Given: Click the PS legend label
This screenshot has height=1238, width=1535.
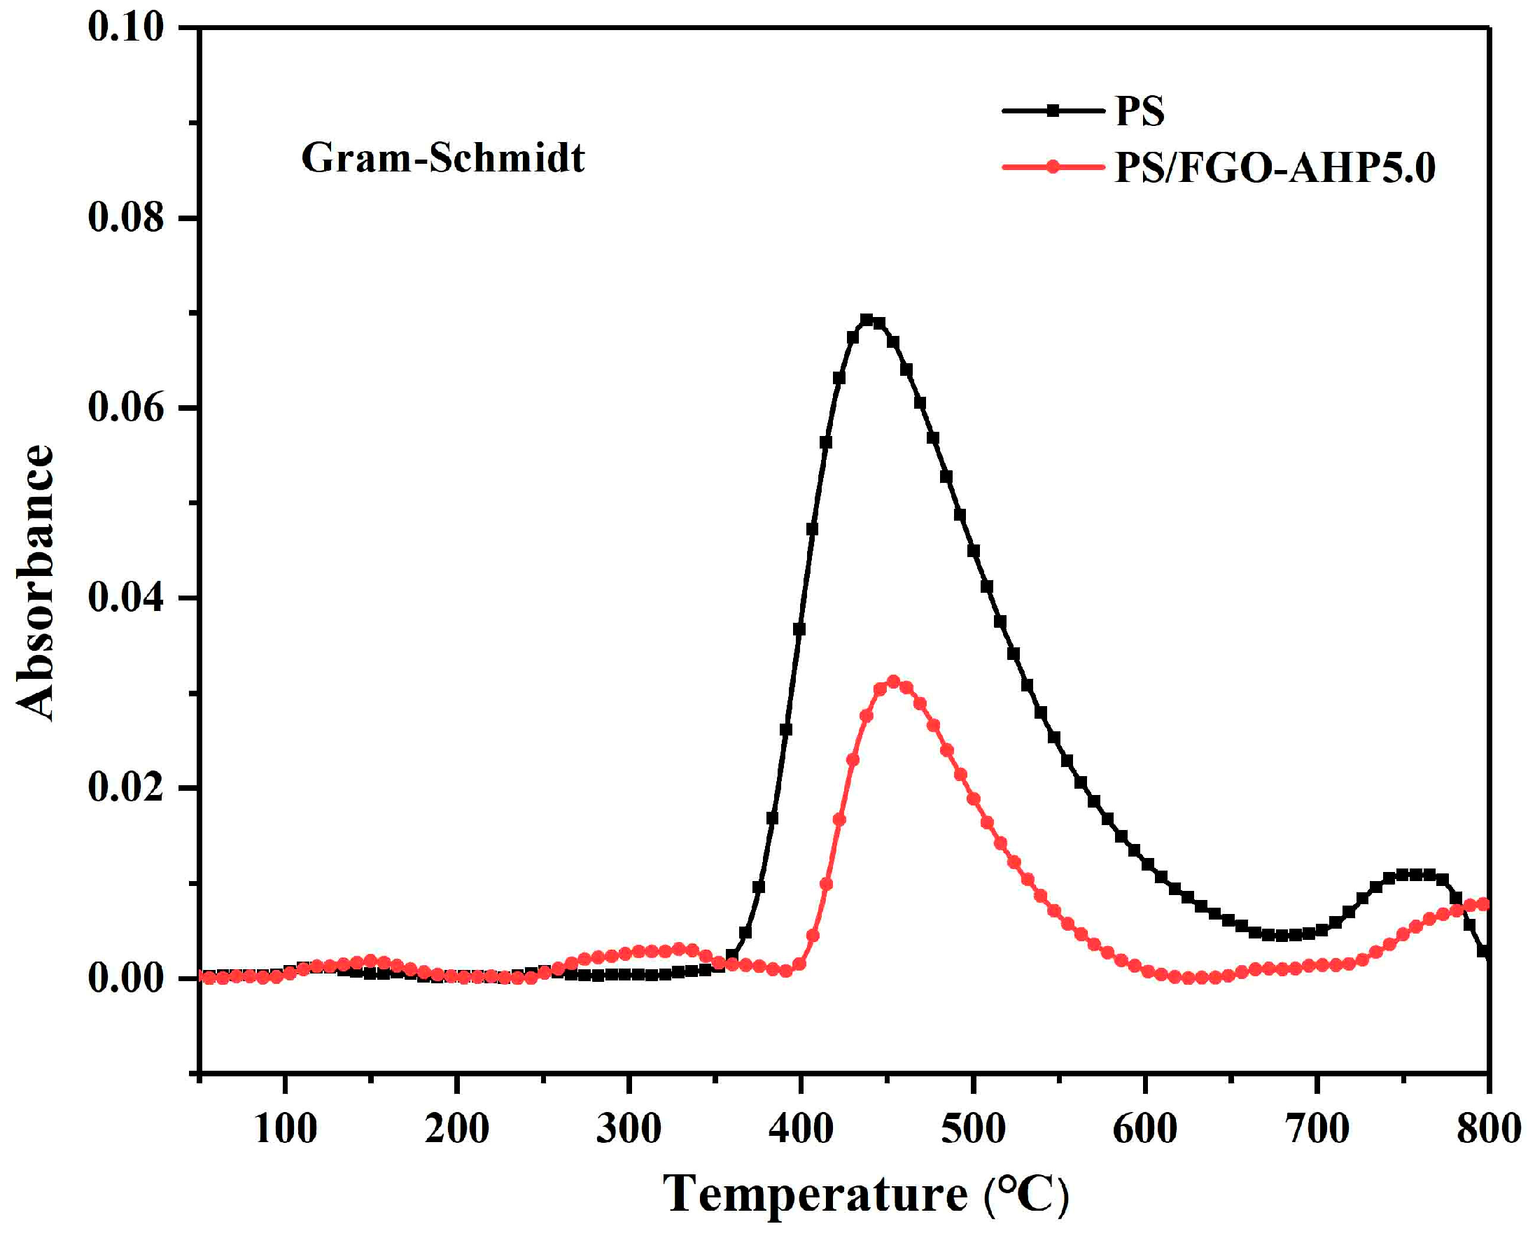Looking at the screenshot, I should click(1139, 111).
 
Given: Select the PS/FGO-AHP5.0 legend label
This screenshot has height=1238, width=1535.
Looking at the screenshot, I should click(1275, 168).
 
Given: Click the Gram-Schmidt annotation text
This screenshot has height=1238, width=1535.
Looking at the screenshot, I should click(443, 157).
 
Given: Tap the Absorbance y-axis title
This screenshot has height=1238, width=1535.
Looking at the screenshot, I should click(35, 582).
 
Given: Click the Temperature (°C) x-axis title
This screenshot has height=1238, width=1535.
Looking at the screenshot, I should click(865, 1193).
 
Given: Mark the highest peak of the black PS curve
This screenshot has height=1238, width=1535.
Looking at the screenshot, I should click(867, 320).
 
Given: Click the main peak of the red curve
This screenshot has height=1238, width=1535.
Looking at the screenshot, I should click(893, 682).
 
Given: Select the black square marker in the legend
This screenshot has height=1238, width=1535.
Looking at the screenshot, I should click(1052, 111).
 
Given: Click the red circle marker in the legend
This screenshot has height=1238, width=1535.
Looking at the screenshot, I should click(1052, 167).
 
